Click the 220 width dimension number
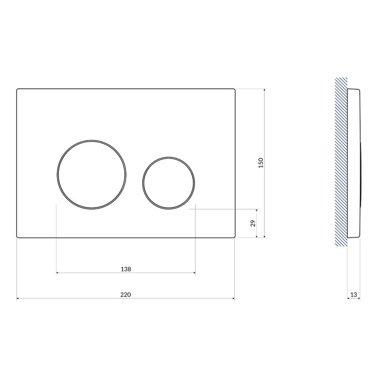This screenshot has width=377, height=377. pos(125,295)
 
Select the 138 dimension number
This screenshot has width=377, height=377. pos(125,269)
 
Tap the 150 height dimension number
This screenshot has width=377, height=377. pos(261,163)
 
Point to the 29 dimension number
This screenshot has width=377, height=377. pos(253,223)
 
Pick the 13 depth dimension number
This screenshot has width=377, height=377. pos(353,295)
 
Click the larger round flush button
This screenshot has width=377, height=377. pos(92,141)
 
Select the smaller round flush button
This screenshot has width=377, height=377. pos(169,157)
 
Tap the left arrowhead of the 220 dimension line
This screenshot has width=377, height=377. pos(18,298)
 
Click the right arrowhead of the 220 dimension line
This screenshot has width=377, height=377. pos(233,298)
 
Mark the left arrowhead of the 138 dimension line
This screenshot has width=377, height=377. pos(58,273)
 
